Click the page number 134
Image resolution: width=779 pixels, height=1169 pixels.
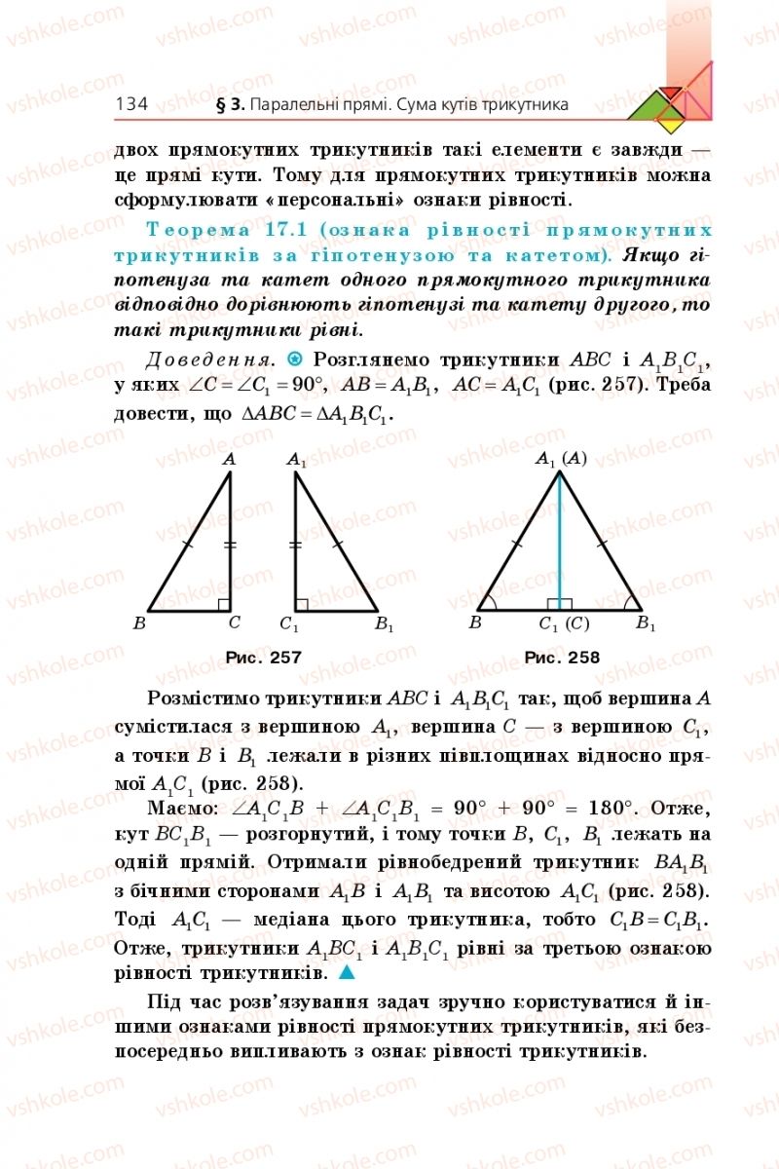(130, 103)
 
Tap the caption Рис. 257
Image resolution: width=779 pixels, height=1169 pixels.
(263, 658)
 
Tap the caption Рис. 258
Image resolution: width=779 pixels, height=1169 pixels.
(562, 658)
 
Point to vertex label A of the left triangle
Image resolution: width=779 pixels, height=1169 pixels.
(230, 458)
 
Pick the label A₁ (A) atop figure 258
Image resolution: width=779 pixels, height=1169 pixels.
(561, 458)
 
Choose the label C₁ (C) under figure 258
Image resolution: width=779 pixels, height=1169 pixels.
(564, 623)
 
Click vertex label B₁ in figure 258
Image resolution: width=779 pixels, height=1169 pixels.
(646, 623)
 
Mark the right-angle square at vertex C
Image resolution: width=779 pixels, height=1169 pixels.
(224, 605)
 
